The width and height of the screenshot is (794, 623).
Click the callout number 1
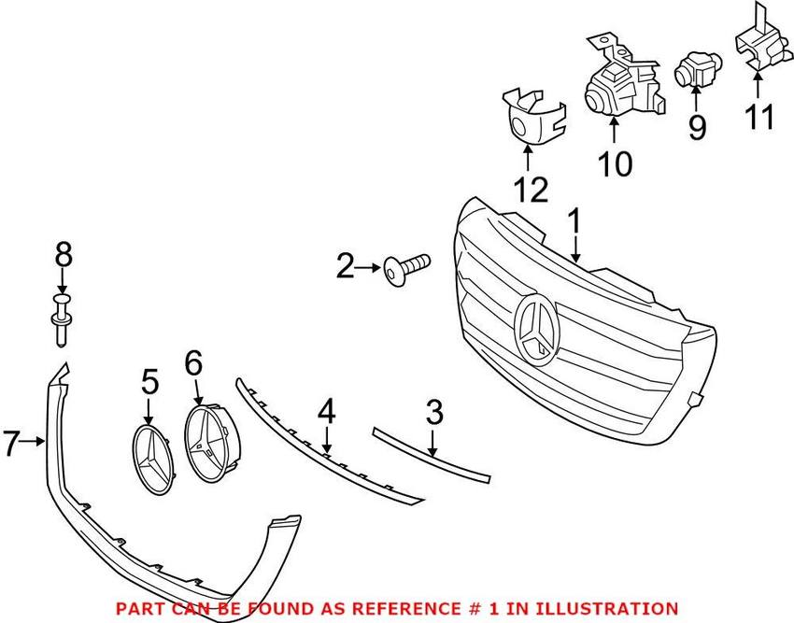(x=574, y=223)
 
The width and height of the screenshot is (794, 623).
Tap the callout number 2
(x=346, y=268)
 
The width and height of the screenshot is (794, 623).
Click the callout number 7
(x=10, y=444)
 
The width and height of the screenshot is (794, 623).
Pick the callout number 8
(x=63, y=254)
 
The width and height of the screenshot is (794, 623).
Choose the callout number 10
(x=616, y=163)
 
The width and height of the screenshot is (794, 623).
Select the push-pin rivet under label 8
(x=63, y=314)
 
